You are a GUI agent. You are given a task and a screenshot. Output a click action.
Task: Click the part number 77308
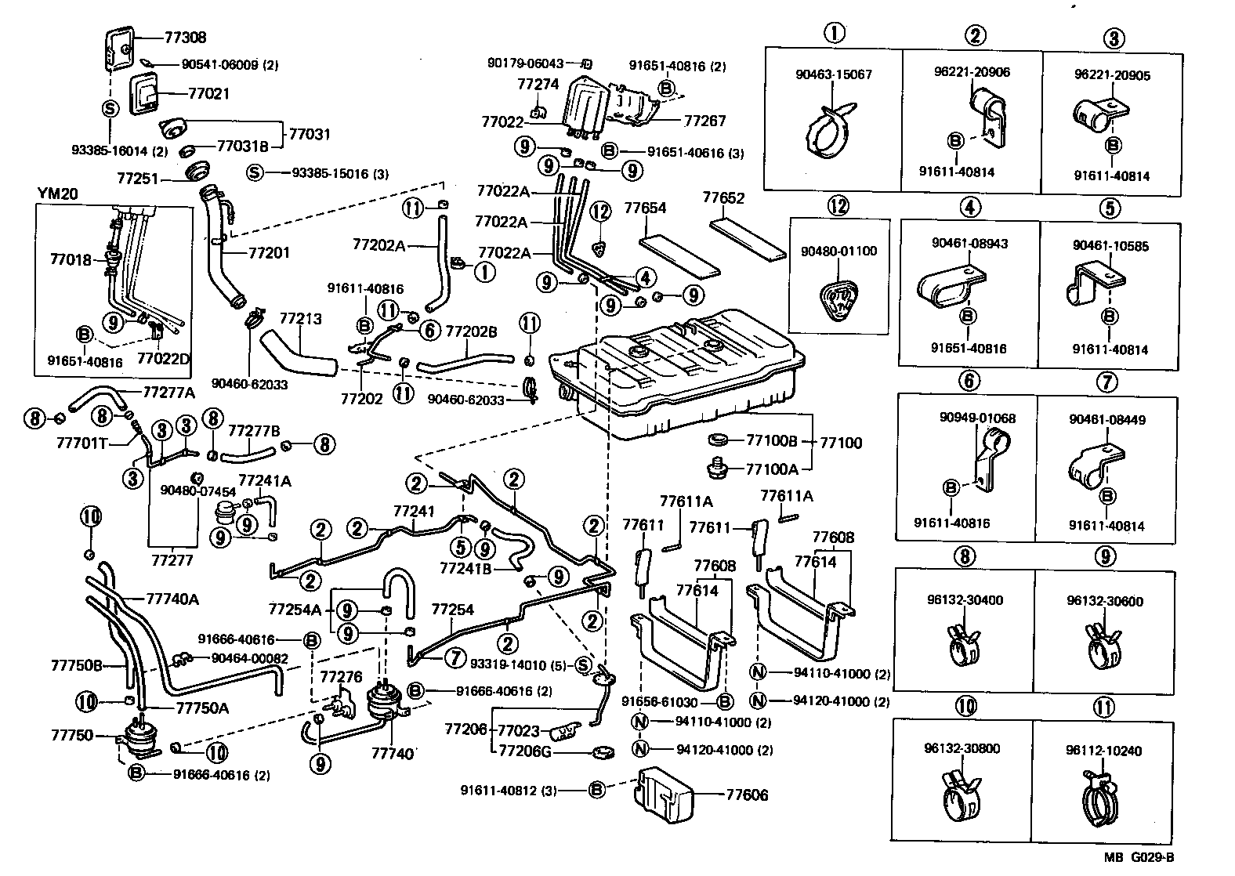[x=186, y=38]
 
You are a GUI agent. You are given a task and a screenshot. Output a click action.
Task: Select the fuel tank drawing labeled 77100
[x=682, y=368]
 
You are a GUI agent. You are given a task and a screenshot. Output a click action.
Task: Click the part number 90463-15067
[x=833, y=74]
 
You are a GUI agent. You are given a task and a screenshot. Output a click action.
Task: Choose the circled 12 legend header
[x=838, y=206]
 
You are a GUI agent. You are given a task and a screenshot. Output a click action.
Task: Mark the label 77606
[x=747, y=795]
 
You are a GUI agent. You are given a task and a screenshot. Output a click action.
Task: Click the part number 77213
[x=301, y=319]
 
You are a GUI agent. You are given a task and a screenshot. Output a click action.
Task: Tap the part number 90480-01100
[x=838, y=252]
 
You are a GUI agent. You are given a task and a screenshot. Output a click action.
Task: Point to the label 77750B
[x=77, y=665]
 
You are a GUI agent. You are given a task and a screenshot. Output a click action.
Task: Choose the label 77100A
[x=772, y=469]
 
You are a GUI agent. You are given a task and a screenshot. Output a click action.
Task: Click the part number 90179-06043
[x=525, y=63]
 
